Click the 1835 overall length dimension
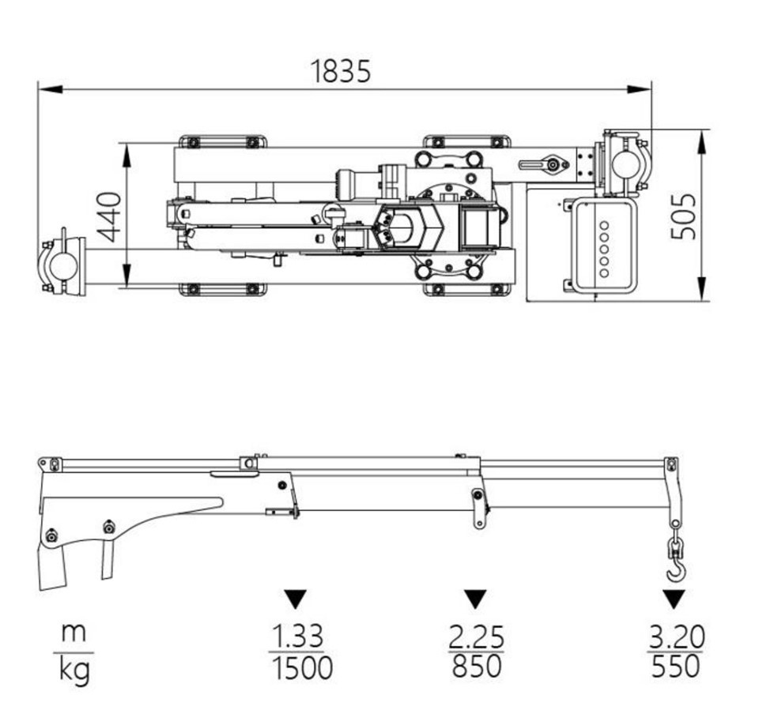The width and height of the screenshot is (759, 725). pyautogui.click(x=341, y=71)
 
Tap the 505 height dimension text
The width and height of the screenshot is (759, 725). pyautogui.click(x=684, y=216)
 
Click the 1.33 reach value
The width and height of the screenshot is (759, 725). pyautogui.click(x=297, y=636)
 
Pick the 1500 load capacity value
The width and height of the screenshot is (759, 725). pyautogui.click(x=302, y=668)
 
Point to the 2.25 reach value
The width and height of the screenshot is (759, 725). pyautogui.click(x=476, y=636)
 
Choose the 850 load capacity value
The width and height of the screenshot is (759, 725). pyautogui.click(x=476, y=667)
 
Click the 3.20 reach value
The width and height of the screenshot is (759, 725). pyautogui.click(x=675, y=636)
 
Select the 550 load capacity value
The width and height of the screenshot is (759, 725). pyautogui.click(x=676, y=667)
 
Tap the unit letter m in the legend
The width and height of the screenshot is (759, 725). pyautogui.click(x=74, y=633)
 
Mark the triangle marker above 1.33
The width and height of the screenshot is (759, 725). pyautogui.click(x=296, y=599)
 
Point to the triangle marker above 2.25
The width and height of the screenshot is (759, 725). pyautogui.click(x=475, y=599)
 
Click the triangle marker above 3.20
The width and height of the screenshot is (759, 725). pyautogui.click(x=674, y=599)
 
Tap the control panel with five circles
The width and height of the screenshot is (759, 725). pyautogui.click(x=603, y=245)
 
